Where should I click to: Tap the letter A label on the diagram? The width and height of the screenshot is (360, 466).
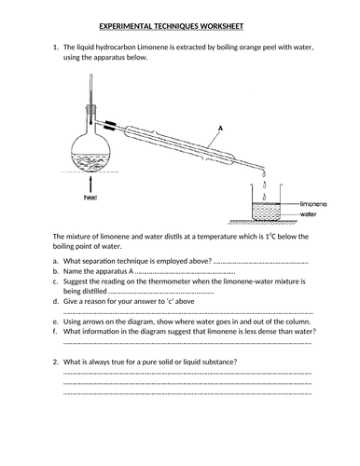[x=220, y=128]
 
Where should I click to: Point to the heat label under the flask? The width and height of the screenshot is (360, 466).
[x=90, y=198]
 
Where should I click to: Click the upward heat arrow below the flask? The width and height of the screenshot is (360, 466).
[x=90, y=185]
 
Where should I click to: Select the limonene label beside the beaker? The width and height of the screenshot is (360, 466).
[x=313, y=204]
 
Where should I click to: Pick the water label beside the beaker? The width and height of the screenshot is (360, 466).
[x=308, y=214]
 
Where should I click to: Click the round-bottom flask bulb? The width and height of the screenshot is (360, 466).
[x=90, y=154]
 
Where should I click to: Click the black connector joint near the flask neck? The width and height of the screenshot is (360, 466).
[x=110, y=124]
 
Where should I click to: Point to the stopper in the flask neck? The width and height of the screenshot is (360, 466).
[x=90, y=109]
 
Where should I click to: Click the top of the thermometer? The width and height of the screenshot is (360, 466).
[x=90, y=75]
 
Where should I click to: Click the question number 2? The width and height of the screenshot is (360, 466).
[x=56, y=362]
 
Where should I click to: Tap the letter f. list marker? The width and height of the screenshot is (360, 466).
[x=55, y=332]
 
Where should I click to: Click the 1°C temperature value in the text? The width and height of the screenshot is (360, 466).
[x=270, y=237]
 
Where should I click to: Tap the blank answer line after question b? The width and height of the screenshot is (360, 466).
[x=186, y=273]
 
